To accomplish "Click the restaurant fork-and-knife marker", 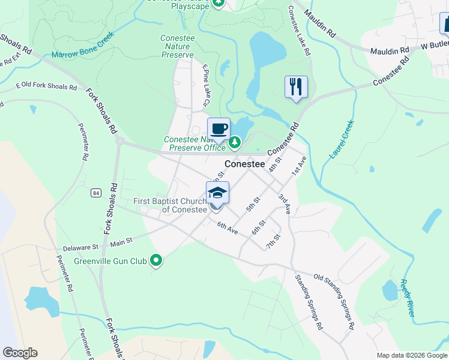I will point(296,87).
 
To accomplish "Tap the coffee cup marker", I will point(218,128).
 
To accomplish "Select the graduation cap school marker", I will point(217,193).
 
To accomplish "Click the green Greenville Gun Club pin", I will point(157,260).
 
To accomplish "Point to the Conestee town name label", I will point(245,163).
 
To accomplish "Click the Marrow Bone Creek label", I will point(83,46).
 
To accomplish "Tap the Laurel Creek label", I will point(342,139).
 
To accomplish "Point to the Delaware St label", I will point(80,247).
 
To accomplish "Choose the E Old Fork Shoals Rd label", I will point(46,86).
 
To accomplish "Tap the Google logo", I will point(20,353).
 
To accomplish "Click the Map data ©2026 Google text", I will point(411,355).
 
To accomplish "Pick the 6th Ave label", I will point(228,227).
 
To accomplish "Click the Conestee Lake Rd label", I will point(299,31).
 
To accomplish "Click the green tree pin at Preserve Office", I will point(235,142).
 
